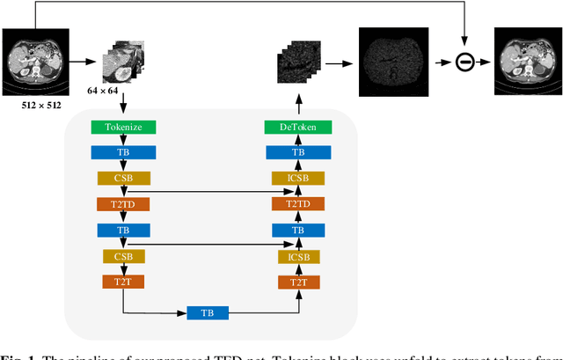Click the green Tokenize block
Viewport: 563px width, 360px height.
click(123, 127)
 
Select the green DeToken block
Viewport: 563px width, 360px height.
click(298, 127)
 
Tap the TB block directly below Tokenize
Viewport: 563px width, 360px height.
click(123, 152)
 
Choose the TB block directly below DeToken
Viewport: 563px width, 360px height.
click(298, 152)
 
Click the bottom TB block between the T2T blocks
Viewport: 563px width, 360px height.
click(207, 312)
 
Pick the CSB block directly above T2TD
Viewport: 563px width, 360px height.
click(123, 178)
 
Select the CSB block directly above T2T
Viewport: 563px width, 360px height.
click(123, 256)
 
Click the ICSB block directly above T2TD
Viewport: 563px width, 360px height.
click(298, 178)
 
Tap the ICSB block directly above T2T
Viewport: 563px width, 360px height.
click(298, 256)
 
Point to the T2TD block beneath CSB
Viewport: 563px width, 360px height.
click(123, 204)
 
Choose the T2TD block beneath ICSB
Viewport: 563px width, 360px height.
click(298, 204)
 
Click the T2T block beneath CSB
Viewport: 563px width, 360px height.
click(123, 282)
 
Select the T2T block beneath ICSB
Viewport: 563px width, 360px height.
click(298, 282)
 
